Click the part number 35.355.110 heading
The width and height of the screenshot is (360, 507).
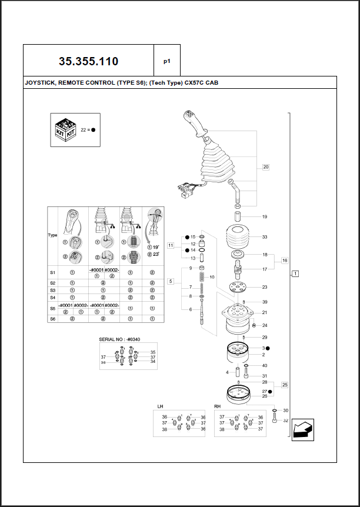tap(88, 61)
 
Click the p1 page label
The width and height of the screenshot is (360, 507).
tap(166, 61)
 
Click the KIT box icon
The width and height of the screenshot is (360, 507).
tap(65, 129)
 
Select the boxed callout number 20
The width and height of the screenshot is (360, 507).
tap(265, 167)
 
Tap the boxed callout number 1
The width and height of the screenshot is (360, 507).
tap(295, 273)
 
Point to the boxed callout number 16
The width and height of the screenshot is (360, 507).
tap(284, 260)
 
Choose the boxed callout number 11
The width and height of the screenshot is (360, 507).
tap(171, 245)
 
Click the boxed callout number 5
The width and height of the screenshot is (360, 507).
tap(171, 281)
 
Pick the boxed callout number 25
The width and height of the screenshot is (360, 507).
tap(284, 385)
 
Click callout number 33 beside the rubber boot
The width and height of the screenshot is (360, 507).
tap(265, 237)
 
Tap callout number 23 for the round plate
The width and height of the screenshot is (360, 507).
tap(265, 287)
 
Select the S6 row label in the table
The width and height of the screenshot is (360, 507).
tap(52, 318)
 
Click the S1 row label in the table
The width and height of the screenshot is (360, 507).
tap(52, 272)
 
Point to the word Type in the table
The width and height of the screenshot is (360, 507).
tap(52, 235)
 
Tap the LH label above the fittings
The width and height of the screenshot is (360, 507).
tap(161, 406)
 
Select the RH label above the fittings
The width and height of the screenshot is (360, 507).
tap(218, 406)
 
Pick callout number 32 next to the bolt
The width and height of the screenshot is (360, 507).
tap(286, 421)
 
